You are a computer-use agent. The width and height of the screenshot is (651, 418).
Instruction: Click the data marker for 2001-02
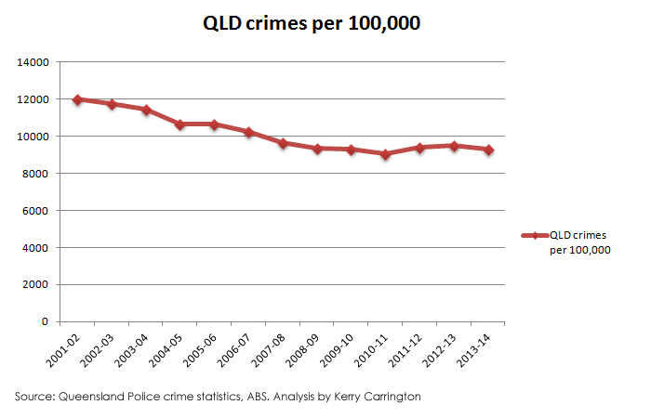tap(77, 99)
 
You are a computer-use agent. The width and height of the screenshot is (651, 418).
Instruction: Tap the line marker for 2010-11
tap(385, 154)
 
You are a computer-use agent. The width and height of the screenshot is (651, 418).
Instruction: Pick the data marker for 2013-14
tap(487, 150)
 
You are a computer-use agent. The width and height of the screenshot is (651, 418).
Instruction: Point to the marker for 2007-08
tap(283, 143)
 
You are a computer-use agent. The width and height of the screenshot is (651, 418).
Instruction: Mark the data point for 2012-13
tap(453, 146)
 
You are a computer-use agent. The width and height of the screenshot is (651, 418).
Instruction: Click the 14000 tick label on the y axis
tap(33, 62)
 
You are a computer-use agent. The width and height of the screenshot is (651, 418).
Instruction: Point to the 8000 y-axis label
tap(36, 174)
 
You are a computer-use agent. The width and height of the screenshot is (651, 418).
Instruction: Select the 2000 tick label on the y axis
tap(36, 285)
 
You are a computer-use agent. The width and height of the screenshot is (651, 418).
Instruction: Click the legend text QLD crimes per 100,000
tap(578, 243)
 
